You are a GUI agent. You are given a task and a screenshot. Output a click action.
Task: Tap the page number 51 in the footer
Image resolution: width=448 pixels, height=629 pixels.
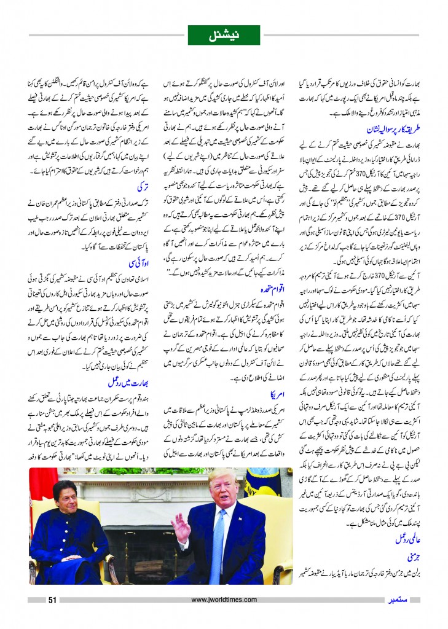(53, 600)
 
